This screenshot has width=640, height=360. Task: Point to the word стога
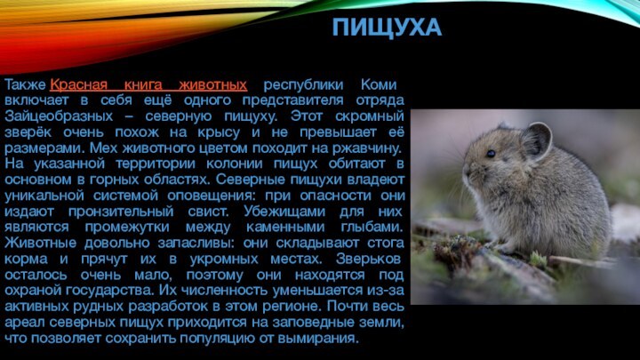pos(384,244)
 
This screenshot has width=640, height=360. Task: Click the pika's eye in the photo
pos(490,153)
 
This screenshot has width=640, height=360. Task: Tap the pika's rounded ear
pos(536,140)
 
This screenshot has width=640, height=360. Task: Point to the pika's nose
pos(465,169)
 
